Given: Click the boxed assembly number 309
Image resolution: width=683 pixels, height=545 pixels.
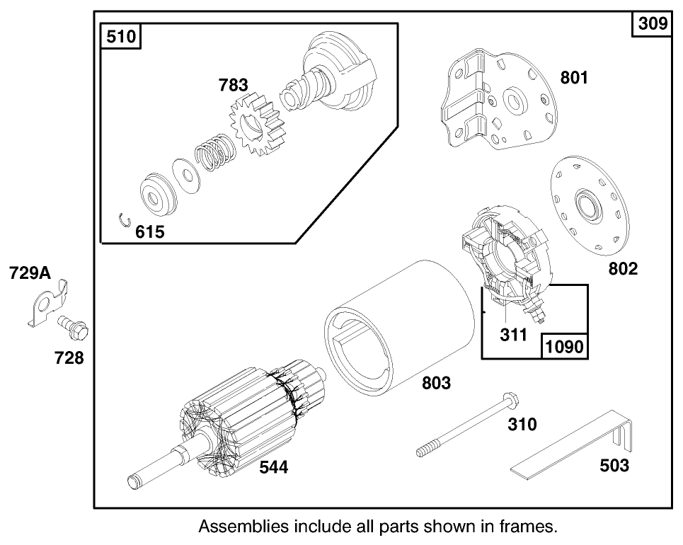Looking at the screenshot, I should [x=653, y=23].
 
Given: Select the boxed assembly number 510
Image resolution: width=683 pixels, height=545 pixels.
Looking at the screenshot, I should [x=122, y=36].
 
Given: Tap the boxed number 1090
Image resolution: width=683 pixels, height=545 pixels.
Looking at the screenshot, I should [x=564, y=347].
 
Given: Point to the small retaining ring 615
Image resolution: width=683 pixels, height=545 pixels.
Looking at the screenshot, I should [x=125, y=219].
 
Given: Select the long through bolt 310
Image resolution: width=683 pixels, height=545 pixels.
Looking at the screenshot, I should [x=466, y=425].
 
